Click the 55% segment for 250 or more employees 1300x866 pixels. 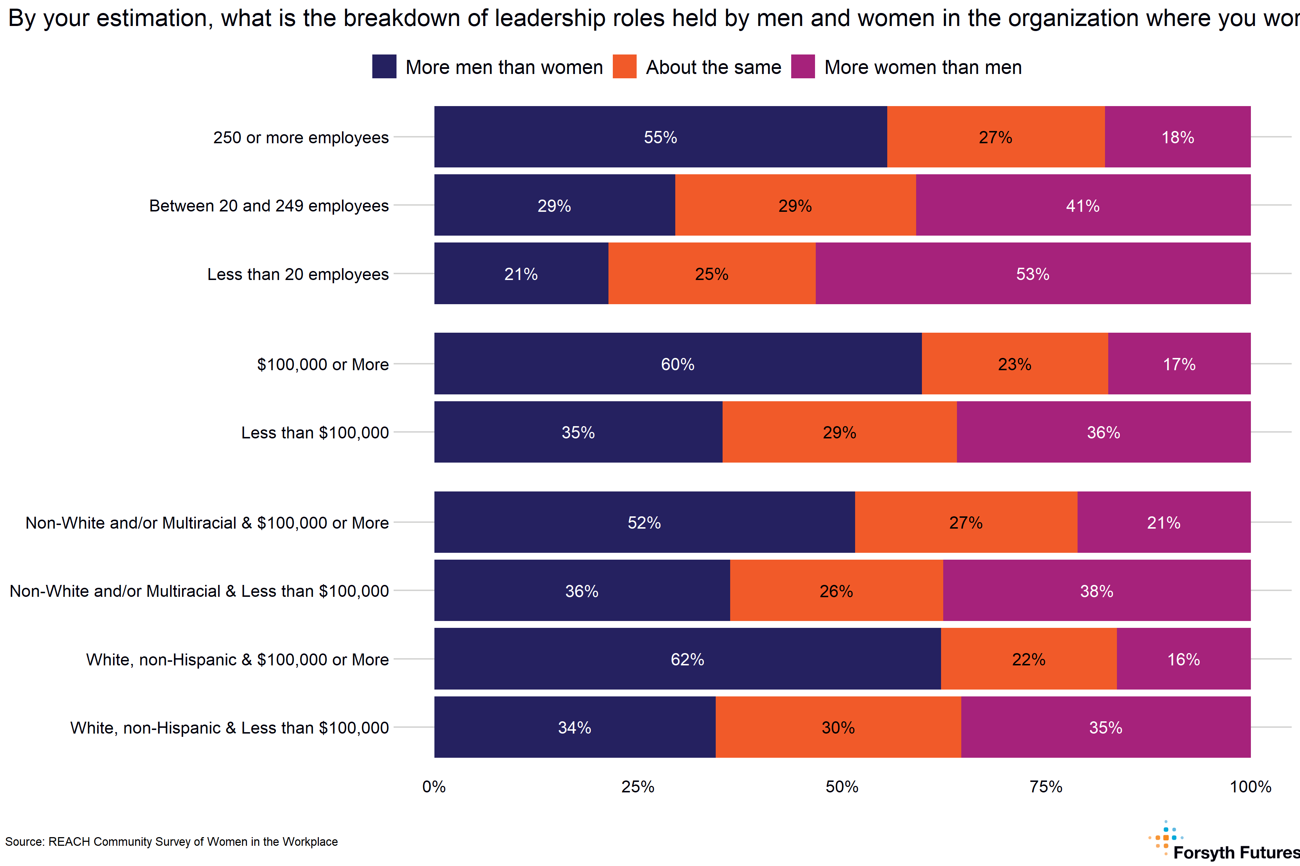point(660,137)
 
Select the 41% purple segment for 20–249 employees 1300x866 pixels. point(1083,205)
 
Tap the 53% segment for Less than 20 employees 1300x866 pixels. point(1032,274)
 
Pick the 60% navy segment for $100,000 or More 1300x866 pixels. point(678,364)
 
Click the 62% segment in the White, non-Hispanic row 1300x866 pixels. point(687,659)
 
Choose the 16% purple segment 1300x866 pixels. point(1183,659)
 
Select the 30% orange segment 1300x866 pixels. point(838,727)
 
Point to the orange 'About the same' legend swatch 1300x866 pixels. point(625,67)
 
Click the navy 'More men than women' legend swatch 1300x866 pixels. point(384,67)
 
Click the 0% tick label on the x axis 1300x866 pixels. point(434,787)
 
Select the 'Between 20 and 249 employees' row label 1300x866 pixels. point(269,205)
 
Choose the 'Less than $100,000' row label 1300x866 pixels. point(315,432)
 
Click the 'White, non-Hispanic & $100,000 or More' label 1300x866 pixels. point(237,660)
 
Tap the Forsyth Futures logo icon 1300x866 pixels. point(1165,838)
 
